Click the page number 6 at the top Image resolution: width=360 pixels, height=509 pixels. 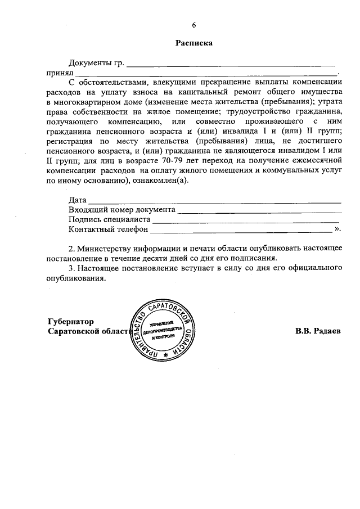click(x=195, y=25)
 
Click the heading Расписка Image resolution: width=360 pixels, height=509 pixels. click(x=194, y=43)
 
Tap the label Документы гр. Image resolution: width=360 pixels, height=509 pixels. click(x=95, y=62)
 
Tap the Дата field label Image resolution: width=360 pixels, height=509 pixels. click(x=77, y=200)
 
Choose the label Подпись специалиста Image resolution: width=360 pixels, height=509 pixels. click(x=109, y=220)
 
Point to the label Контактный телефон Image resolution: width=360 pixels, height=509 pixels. click(x=108, y=229)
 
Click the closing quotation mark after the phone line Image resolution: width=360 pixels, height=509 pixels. click(x=337, y=229)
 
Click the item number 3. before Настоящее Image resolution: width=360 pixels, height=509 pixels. click(x=71, y=269)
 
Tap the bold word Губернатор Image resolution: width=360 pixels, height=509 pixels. click(x=70, y=321)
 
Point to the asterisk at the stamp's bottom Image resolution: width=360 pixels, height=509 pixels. click(x=165, y=356)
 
